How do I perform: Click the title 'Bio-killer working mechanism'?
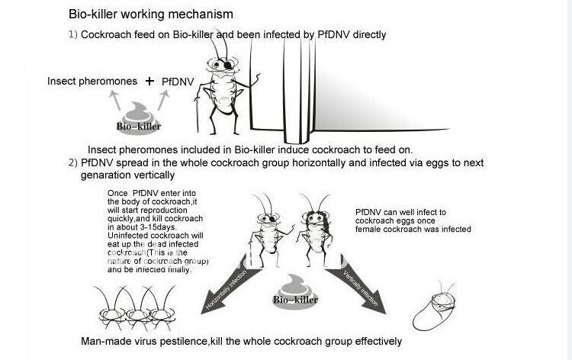click(x=150, y=14)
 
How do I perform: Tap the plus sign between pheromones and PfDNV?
click(x=149, y=81)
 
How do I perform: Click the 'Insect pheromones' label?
click(x=92, y=81)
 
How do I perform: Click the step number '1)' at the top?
click(x=73, y=34)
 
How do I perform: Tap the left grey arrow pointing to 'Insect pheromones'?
click(x=117, y=98)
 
